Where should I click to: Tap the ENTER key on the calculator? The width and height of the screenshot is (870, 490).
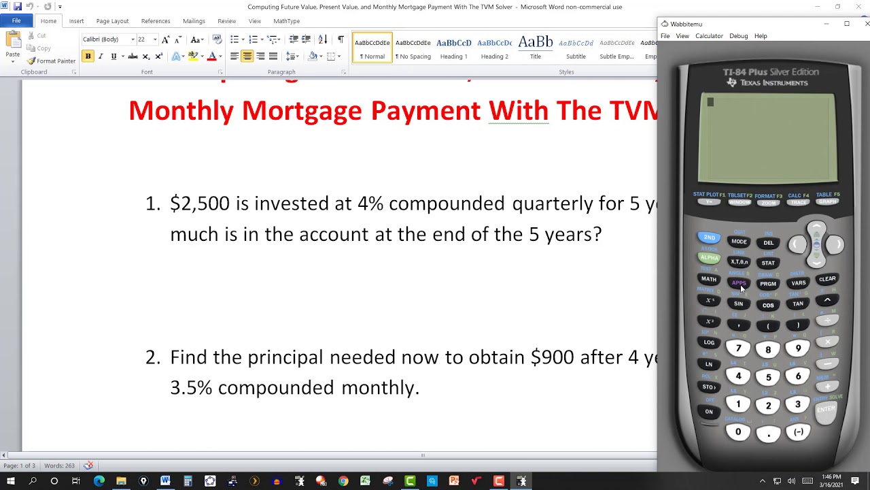(826, 409)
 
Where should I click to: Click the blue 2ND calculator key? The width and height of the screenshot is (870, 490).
(709, 238)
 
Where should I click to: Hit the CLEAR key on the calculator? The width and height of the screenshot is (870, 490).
(827, 279)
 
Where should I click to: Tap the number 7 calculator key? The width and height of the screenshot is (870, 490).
(738, 349)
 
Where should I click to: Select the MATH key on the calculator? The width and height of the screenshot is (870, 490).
(708, 279)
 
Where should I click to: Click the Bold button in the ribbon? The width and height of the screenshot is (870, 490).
(88, 56)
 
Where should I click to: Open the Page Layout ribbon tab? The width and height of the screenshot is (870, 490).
(112, 21)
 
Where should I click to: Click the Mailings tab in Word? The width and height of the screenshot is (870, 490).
(194, 21)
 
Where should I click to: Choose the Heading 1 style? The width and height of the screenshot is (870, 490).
(453, 48)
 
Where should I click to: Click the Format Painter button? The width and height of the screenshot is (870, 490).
(51, 61)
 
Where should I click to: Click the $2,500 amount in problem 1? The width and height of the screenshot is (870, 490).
(200, 203)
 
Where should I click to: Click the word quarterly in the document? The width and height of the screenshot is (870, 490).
(553, 203)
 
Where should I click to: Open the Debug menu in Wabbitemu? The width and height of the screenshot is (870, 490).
(738, 36)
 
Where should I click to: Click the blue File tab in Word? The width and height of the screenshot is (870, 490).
(16, 21)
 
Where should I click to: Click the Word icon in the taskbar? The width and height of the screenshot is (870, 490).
(165, 481)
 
